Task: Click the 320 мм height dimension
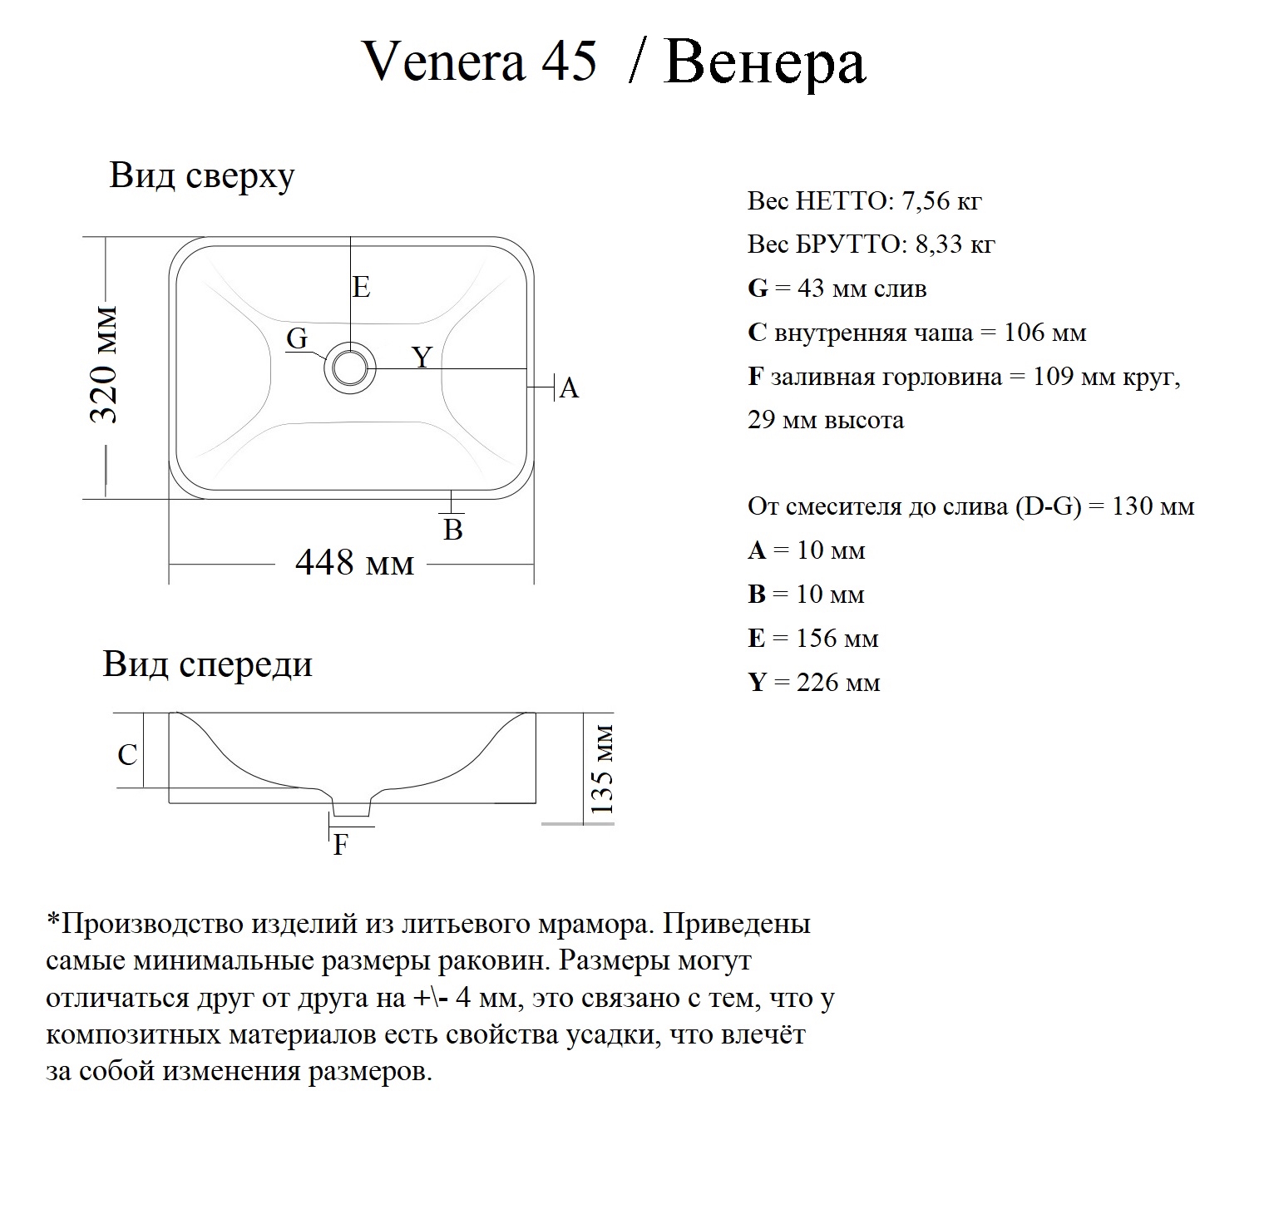pyautogui.click(x=105, y=366)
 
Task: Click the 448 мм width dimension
pyautogui.click(x=354, y=564)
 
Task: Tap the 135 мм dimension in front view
pyautogui.click(x=601, y=769)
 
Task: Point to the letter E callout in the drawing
pyautogui.click(x=361, y=288)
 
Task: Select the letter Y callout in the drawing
pyautogui.click(x=422, y=358)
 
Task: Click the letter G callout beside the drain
pyautogui.click(x=297, y=338)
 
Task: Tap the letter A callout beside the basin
pyautogui.click(x=569, y=388)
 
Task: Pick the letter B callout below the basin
pyautogui.click(x=453, y=530)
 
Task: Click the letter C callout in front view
pyautogui.click(x=127, y=755)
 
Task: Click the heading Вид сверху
pyautogui.click(x=202, y=176)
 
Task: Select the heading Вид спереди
pyautogui.click(x=208, y=664)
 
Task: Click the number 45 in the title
pyautogui.click(x=570, y=62)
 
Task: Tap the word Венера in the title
pyautogui.click(x=765, y=63)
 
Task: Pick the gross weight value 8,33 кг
pyautogui.click(x=955, y=245)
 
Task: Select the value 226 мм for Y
pyautogui.click(x=838, y=683)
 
